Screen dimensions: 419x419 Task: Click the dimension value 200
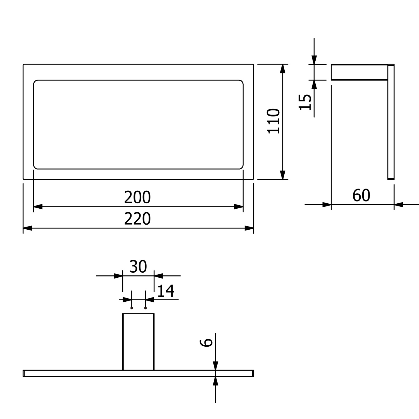[137, 197]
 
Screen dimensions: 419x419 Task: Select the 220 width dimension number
[137, 219]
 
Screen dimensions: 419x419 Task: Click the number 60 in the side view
[361, 195]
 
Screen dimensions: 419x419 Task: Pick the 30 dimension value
[138, 267]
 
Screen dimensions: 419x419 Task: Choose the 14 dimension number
[166, 291]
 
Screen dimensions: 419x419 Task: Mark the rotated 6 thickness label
[207, 342]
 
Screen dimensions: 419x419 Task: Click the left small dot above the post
[132, 308]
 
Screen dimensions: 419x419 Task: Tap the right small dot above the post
[145, 308]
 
